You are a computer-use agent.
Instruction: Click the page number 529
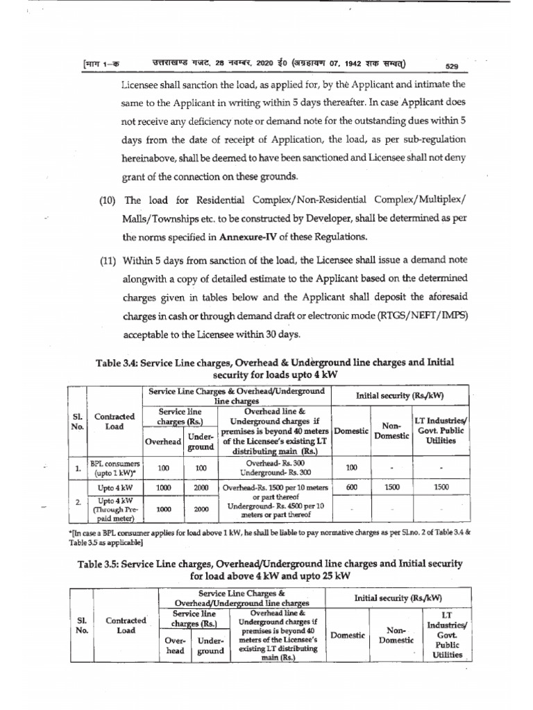pos(452,66)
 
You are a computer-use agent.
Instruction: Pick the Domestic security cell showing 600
pos(351,487)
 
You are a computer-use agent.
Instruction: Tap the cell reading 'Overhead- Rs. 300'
pos(276,462)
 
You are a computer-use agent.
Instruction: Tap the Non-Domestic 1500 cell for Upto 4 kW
pos(392,487)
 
